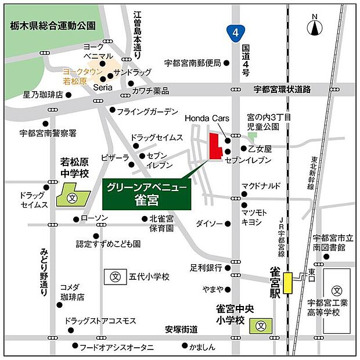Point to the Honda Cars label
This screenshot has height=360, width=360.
pos(204,118)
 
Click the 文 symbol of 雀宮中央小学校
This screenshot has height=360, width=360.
pos(262,326)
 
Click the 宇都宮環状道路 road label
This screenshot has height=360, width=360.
pos(283,89)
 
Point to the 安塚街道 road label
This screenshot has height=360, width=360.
pos(181,329)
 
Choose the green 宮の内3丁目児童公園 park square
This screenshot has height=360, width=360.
pos(251,136)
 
